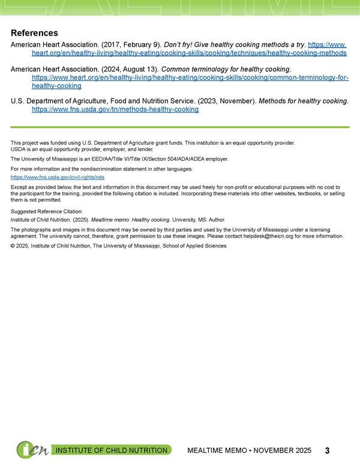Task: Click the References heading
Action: pyautogui.click(x=34, y=32)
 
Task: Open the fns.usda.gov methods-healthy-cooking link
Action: pyautogui.click(x=115, y=110)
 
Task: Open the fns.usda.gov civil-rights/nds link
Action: pyautogui.click(x=58, y=178)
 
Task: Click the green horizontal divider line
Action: pyautogui.click(x=180, y=127)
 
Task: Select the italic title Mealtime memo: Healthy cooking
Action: pyautogui.click(x=130, y=220)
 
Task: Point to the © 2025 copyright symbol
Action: pyautogui.click(x=13, y=246)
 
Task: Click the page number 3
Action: pyautogui.click(x=328, y=450)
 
